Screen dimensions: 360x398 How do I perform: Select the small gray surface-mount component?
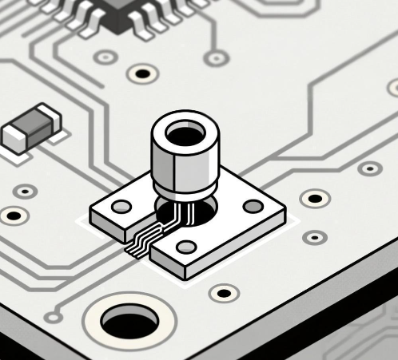tap(31, 129)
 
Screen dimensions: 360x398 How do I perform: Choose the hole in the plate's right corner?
tap(253, 206)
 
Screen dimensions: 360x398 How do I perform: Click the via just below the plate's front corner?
tap(224, 292)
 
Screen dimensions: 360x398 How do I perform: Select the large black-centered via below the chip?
tap(142, 74)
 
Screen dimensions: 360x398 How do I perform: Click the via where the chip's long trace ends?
tap(216, 57)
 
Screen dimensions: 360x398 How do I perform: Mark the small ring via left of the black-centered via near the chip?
tap(105, 57)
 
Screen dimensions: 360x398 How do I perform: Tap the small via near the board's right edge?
tap(369, 168)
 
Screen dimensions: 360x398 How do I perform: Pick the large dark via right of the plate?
tap(314, 197)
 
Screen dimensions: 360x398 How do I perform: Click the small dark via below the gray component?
tap(26, 192)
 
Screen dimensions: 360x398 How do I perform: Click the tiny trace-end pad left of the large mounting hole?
tap(54, 317)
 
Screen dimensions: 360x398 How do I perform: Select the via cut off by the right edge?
tap(393, 87)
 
